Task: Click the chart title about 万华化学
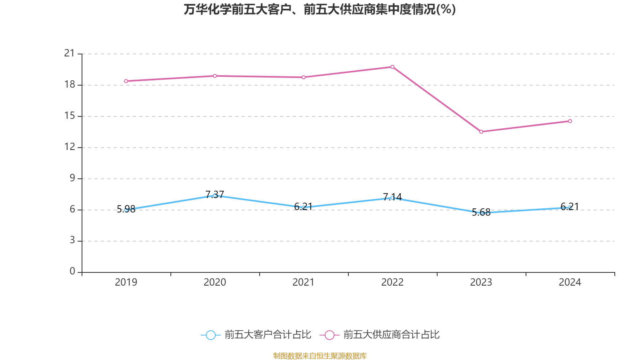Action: coord(320,9)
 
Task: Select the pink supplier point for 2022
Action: coord(392,67)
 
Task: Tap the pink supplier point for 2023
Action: coord(481,132)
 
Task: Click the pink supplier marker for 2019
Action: coord(126,81)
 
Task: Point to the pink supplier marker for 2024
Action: coord(570,121)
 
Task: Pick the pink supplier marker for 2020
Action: coord(215,76)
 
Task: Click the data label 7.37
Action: coord(215,194)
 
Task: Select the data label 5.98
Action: coord(126,209)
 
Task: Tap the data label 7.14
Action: coord(392,197)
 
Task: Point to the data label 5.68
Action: coord(481,212)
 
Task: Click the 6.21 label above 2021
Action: coord(303,206)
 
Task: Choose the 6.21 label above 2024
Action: coord(570,206)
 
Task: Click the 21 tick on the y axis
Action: coord(70,53)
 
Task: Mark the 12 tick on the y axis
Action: coord(70,147)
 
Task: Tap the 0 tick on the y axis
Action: coord(72,271)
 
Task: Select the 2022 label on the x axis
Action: coord(392,282)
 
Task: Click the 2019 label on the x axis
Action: coord(126,282)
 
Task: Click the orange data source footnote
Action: coord(320,356)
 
